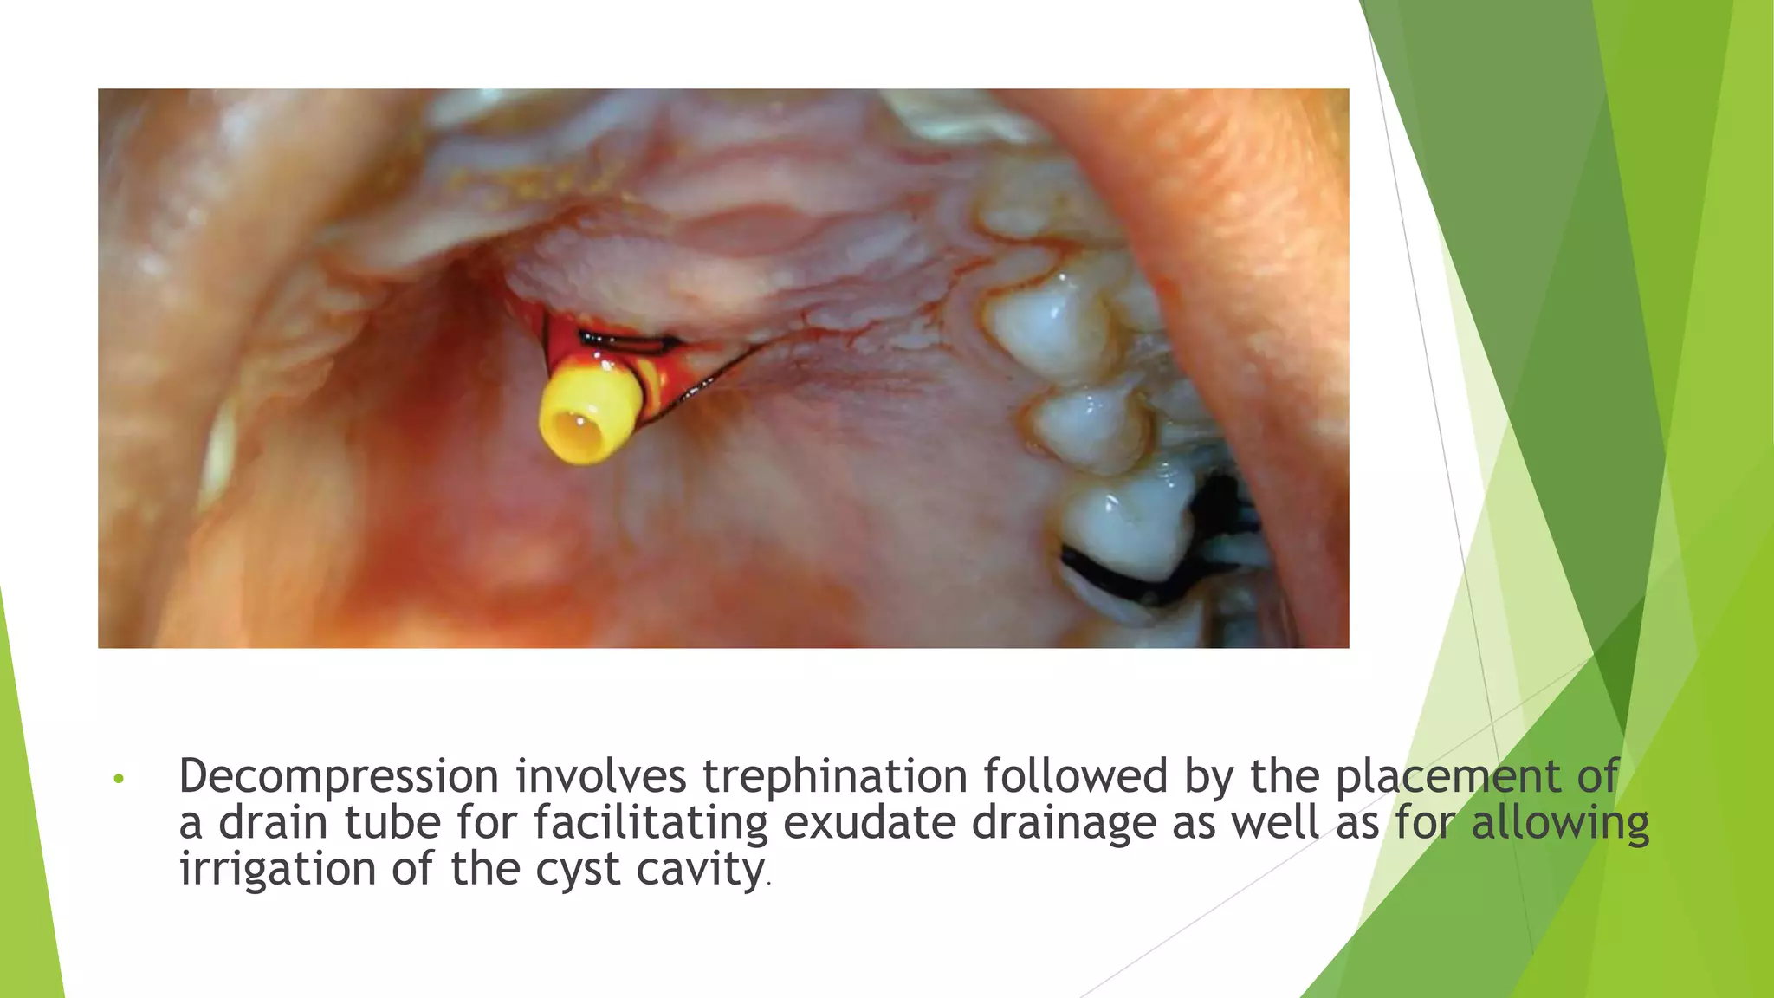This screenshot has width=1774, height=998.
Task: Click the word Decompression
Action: pyautogui.click(x=339, y=776)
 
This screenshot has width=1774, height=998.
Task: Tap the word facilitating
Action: pyautogui.click(x=651, y=822)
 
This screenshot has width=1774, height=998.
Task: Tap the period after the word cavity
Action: pyautogui.click(x=768, y=884)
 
